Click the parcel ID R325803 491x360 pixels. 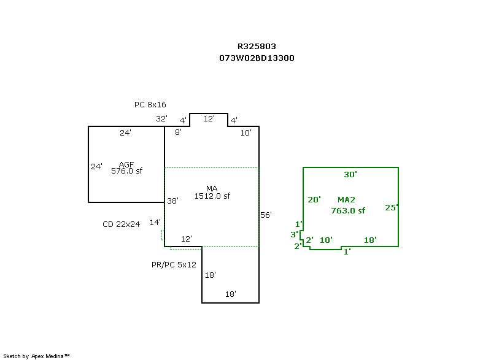[x=257, y=46]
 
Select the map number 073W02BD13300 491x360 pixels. [x=257, y=58]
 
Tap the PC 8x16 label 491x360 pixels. [x=150, y=105]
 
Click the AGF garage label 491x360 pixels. [x=126, y=164]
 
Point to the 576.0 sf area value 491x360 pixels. [x=126, y=171]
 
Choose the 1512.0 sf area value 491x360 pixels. [x=212, y=196]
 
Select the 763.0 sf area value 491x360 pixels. [x=348, y=210]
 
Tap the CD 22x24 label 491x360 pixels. [x=121, y=224]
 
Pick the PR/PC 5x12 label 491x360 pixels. [x=174, y=265]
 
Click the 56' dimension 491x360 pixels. [x=266, y=215]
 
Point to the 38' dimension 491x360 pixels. [x=172, y=201]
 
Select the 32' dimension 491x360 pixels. [x=161, y=119]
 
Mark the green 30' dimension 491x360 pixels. [x=350, y=175]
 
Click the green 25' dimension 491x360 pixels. [x=392, y=207]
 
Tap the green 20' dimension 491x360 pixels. [x=314, y=199]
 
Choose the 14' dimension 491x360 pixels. [x=155, y=222]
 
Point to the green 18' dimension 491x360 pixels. [x=370, y=240]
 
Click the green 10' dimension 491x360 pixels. [x=326, y=240]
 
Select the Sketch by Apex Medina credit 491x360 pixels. [x=36, y=356]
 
